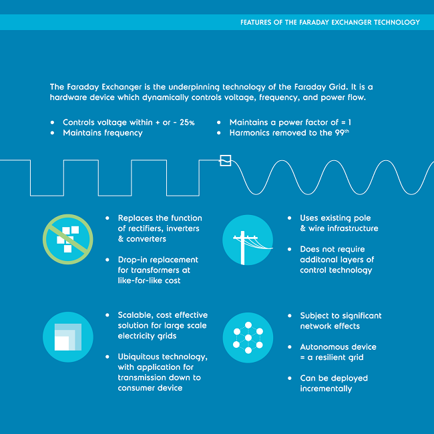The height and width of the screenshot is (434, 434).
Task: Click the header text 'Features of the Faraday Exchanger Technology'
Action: [x=330, y=22]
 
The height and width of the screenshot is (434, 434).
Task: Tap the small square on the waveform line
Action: [x=226, y=160]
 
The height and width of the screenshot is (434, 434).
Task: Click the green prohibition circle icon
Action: [x=65, y=237]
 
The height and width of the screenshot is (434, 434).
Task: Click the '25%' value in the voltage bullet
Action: [x=184, y=123]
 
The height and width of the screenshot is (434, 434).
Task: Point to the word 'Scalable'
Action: [x=137, y=315]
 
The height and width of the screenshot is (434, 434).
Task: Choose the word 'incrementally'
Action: [x=326, y=389]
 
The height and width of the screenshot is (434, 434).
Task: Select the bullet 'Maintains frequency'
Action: [x=102, y=133]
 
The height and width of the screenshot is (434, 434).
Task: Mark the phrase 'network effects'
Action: [x=330, y=326]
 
